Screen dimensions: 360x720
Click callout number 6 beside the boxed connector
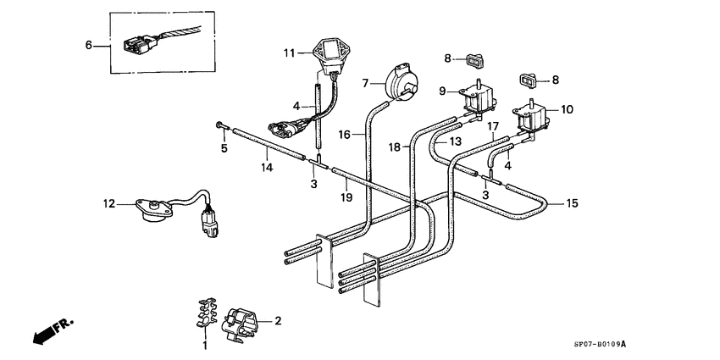point(89,45)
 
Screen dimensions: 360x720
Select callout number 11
point(290,53)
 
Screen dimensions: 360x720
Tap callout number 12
point(108,203)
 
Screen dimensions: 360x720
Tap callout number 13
point(455,141)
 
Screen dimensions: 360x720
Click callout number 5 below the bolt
point(224,149)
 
